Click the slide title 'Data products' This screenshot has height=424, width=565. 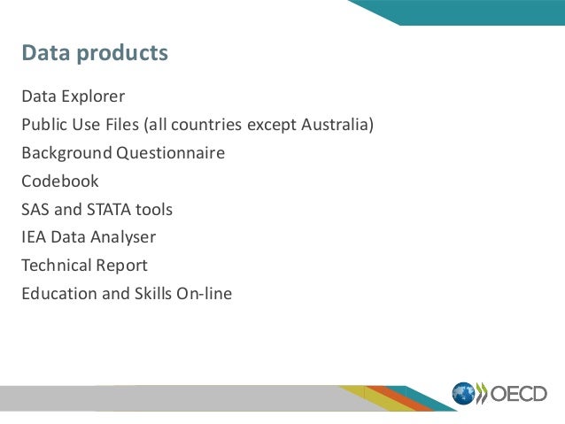[95, 54]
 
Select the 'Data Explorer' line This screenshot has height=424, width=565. [74, 96]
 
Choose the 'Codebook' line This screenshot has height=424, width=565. [60, 181]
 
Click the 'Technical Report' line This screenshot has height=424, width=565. [84, 266]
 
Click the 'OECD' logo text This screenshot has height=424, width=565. [518, 394]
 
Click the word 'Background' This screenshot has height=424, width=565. [66, 153]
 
